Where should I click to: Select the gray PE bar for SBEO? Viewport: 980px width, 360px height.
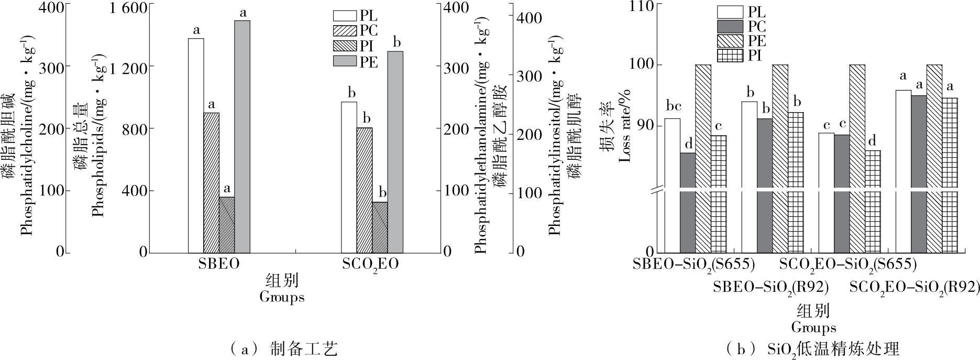(x=242, y=136)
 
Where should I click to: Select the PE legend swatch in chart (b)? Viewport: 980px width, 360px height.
(x=730, y=40)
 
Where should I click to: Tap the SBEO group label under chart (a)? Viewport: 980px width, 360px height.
(x=219, y=264)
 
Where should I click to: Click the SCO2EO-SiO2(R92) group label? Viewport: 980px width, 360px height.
(x=915, y=288)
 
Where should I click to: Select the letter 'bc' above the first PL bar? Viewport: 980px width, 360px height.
(x=673, y=106)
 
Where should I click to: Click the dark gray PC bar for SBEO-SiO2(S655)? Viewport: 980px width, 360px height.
(x=688, y=202)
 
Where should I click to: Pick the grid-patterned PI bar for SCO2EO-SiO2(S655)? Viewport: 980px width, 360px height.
(x=873, y=201)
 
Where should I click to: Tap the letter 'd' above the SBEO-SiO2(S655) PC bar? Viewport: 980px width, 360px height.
(x=688, y=143)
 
